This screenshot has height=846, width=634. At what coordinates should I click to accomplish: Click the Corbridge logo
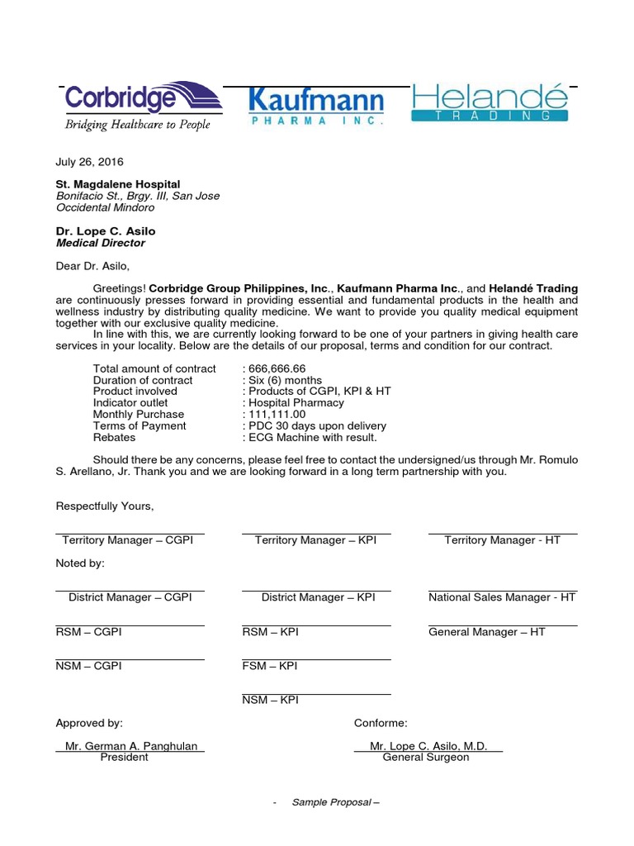coord(143,107)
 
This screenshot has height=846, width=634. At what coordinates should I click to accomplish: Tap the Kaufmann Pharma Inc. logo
coord(316,107)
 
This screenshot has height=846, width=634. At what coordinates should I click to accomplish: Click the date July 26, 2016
coord(89,162)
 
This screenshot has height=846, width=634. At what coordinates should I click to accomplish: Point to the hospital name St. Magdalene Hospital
coord(117,184)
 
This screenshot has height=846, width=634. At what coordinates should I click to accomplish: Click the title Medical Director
coord(100,243)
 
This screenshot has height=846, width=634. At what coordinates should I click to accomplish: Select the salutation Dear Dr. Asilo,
coord(92,266)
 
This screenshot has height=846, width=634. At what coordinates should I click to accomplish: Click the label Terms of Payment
coord(140,425)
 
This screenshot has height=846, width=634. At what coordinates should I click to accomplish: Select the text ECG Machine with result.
coord(312,437)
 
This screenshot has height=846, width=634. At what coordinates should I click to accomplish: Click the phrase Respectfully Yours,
coord(105,506)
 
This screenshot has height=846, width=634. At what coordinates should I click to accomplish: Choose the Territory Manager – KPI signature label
coord(315,539)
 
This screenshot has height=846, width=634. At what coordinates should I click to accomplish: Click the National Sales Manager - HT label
coord(502,597)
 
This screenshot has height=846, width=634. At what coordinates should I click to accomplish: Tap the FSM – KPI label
coord(270,666)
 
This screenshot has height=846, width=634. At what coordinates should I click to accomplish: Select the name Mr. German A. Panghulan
coord(131,746)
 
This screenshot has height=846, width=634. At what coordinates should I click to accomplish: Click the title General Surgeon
coord(426,757)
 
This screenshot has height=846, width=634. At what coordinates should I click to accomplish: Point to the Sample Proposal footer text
coord(334,803)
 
